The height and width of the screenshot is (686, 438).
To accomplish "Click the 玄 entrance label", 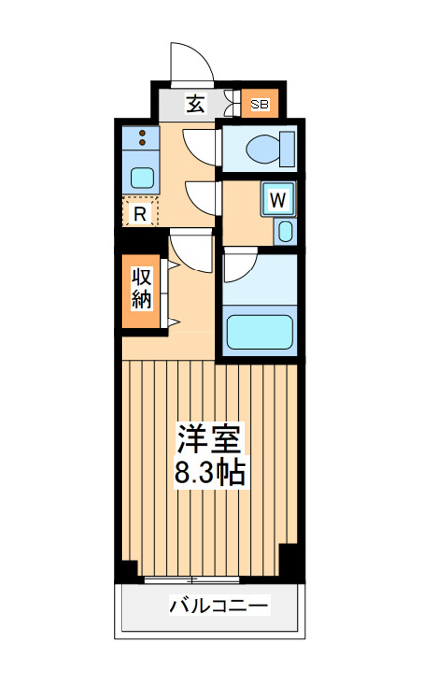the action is pyautogui.click(x=195, y=104).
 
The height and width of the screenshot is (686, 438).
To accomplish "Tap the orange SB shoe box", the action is pyautogui.click(x=260, y=103).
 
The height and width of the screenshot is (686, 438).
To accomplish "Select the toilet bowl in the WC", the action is pyautogui.click(x=263, y=148).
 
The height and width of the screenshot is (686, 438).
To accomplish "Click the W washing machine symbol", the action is pyautogui.click(x=278, y=200).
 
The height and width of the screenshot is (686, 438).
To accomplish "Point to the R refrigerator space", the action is pyautogui.click(x=139, y=213).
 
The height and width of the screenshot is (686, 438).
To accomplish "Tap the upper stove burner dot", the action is pyautogui.click(x=142, y=133).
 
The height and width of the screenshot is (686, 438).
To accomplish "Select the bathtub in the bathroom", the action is pyautogui.click(x=260, y=331).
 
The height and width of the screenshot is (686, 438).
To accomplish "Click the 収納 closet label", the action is pyautogui.click(x=142, y=288).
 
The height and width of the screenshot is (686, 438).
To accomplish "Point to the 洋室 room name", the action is pyautogui.click(x=209, y=438).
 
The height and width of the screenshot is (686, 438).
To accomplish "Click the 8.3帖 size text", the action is pyautogui.click(x=209, y=470).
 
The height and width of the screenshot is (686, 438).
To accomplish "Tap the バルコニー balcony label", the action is pyautogui.click(x=219, y=606).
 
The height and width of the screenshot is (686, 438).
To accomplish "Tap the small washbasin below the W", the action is pyautogui.click(x=285, y=231).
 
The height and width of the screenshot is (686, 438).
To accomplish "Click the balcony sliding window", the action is pyautogui.click(x=192, y=580).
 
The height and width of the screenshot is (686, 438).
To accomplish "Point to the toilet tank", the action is pyautogui.click(x=287, y=149).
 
